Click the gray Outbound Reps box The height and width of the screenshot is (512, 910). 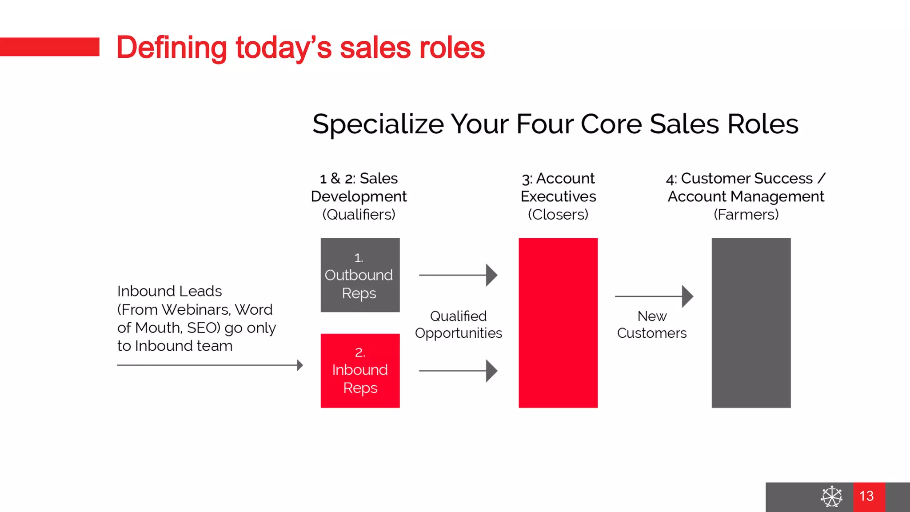click(360, 275)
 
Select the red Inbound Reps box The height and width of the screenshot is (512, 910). click(360, 370)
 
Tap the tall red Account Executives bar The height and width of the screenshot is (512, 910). click(558, 323)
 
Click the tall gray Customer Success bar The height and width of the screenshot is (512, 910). click(751, 323)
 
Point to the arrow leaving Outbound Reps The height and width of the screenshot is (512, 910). click(458, 275)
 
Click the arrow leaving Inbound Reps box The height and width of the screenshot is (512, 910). click(458, 371)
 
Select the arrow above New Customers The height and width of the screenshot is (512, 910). click(654, 296)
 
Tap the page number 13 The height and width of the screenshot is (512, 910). click(866, 496)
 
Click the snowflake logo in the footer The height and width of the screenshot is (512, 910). click(831, 496)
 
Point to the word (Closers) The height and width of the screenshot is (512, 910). click(558, 215)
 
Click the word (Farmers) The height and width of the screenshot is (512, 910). click(746, 215)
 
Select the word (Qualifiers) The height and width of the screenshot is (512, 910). click(359, 215)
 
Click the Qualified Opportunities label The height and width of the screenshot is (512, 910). click(459, 324)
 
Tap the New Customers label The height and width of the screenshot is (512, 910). click(652, 324)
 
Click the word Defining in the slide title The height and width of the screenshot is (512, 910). click(172, 48)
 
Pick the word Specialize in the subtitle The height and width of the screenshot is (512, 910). click(378, 124)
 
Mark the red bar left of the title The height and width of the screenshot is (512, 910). click(49, 47)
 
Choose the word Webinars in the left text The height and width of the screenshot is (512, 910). click(196, 310)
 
